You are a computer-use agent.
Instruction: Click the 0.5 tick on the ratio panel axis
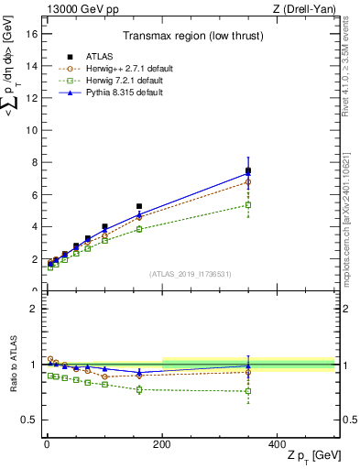pos(28,420)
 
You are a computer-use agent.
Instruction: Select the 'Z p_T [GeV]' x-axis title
pos(311,456)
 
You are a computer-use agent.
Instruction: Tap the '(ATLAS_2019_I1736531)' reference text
pos(189,274)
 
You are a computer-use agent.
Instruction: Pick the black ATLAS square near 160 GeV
pos(139,206)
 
